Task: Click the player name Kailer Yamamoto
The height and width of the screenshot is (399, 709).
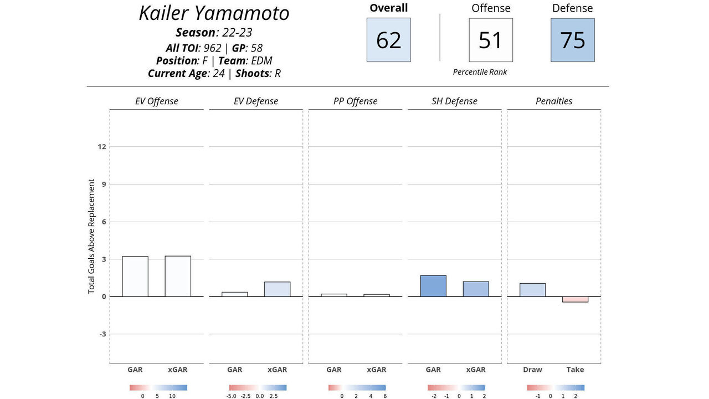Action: click(x=214, y=13)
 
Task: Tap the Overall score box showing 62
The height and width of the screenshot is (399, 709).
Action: click(x=388, y=40)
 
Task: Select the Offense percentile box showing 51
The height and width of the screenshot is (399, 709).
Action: click(x=490, y=40)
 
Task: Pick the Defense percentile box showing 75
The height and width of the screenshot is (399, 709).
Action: click(x=572, y=40)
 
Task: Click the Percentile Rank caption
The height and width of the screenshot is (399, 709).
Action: click(x=480, y=72)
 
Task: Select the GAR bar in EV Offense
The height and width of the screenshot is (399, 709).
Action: click(x=135, y=277)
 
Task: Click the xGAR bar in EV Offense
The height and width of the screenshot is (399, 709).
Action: click(x=178, y=276)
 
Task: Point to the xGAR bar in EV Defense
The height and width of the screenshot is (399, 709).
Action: click(x=277, y=289)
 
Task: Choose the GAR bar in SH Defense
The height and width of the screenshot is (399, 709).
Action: click(x=433, y=286)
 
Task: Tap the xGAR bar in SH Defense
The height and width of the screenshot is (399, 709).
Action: click(x=476, y=289)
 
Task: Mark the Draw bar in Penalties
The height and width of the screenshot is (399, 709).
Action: click(x=532, y=290)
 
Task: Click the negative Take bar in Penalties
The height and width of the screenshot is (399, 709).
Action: click(x=575, y=299)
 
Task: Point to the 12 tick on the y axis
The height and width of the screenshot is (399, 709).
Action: click(x=102, y=147)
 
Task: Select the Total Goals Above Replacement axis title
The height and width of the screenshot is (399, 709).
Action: click(x=91, y=236)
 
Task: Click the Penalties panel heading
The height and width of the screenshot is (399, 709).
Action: click(x=554, y=101)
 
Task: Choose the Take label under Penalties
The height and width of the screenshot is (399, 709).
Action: click(x=575, y=370)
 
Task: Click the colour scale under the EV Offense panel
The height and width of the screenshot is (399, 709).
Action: click(x=158, y=388)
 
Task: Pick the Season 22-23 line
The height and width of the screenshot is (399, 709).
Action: click(x=214, y=33)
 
